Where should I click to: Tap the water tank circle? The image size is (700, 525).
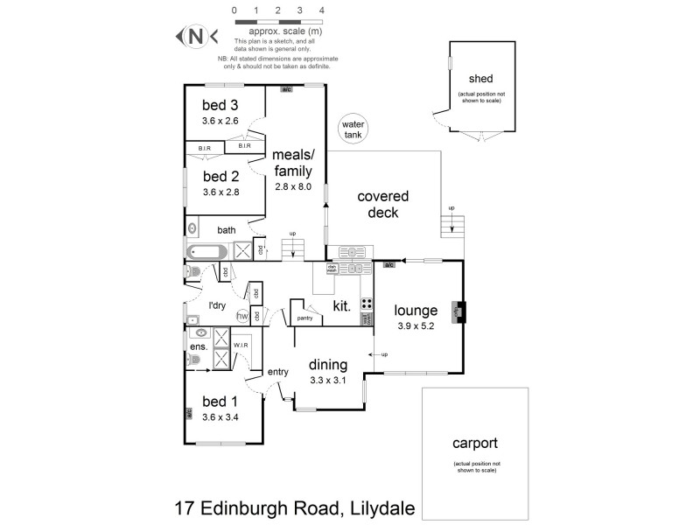(x=354, y=129)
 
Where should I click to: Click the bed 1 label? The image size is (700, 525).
(x=220, y=402)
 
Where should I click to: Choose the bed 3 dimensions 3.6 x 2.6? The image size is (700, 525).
(x=220, y=121)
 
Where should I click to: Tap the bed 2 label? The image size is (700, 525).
(x=220, y=175)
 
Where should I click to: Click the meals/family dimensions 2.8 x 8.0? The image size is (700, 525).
(x=292, y=186)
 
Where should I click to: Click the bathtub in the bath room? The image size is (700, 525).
(x=207, y=252)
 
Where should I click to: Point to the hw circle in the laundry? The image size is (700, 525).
(x=242, y=316)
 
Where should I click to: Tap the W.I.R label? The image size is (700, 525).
(x=241, y=346)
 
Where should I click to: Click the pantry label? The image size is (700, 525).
(x=304, y=318)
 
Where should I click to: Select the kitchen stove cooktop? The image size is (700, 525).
(x=367, y=307)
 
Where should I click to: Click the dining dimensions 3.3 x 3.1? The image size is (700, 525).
(x=328, y=380)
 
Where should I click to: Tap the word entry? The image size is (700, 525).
(x=278, y=372)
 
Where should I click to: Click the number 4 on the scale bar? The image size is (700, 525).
(x=322, y=10)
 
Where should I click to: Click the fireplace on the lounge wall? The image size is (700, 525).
(x=458, y=312)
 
